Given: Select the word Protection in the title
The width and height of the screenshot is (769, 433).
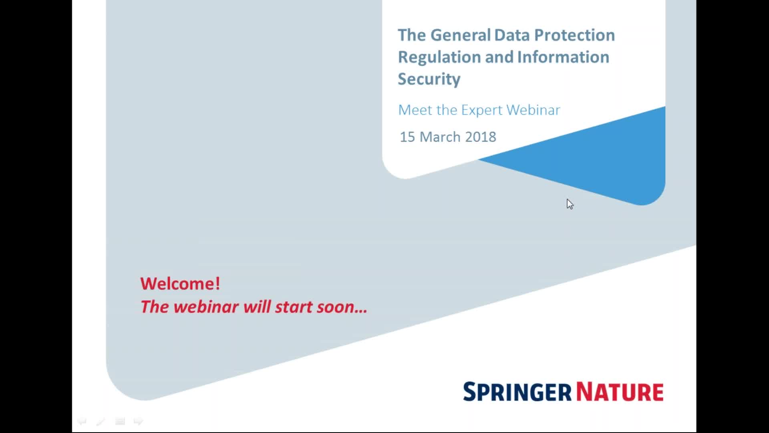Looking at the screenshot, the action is (574, 36).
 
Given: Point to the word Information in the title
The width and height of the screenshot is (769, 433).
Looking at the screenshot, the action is (563, 57).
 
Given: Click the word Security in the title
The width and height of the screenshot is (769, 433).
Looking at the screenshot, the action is (429, 79).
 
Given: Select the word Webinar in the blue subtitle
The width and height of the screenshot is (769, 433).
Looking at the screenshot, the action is (533, 110).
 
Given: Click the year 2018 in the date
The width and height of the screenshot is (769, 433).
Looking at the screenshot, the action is (481, 137).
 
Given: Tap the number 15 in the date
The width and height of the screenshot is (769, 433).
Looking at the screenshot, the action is (407, 137).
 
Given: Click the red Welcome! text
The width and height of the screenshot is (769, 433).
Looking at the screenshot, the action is (180, 284).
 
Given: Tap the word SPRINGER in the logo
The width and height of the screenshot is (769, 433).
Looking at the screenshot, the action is (517, 392).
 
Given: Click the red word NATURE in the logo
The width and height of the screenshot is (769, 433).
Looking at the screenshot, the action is (620, 392).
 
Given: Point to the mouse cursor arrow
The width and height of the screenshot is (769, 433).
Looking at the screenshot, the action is (570, 204).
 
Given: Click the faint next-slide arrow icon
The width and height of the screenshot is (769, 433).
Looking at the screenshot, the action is (138, 421).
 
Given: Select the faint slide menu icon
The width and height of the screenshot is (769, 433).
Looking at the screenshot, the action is (120, 421).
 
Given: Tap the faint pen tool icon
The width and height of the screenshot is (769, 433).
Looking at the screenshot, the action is (101, 421).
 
